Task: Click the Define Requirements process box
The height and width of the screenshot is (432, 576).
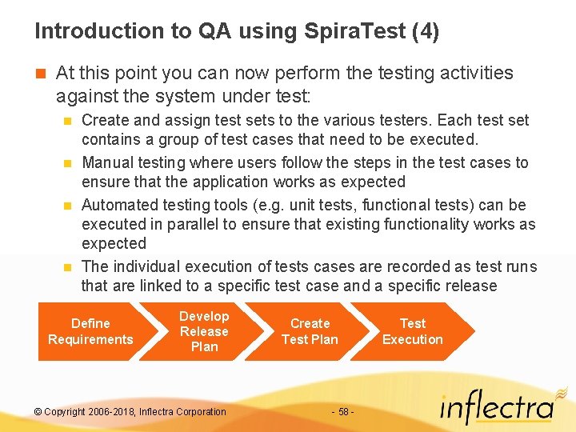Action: click(x=90, y=331)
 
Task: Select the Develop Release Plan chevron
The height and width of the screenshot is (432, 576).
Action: click(x=204, y=331)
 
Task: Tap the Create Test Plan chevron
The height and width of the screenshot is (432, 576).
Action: click(x=310, y=331)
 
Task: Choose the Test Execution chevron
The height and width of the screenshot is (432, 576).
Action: click(x=413, y=331)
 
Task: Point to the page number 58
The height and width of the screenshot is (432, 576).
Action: click(x=343, y=412)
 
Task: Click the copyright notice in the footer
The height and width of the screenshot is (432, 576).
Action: click(x=130, y=412)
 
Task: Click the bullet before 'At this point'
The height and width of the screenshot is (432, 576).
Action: click(x=40, y=74)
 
